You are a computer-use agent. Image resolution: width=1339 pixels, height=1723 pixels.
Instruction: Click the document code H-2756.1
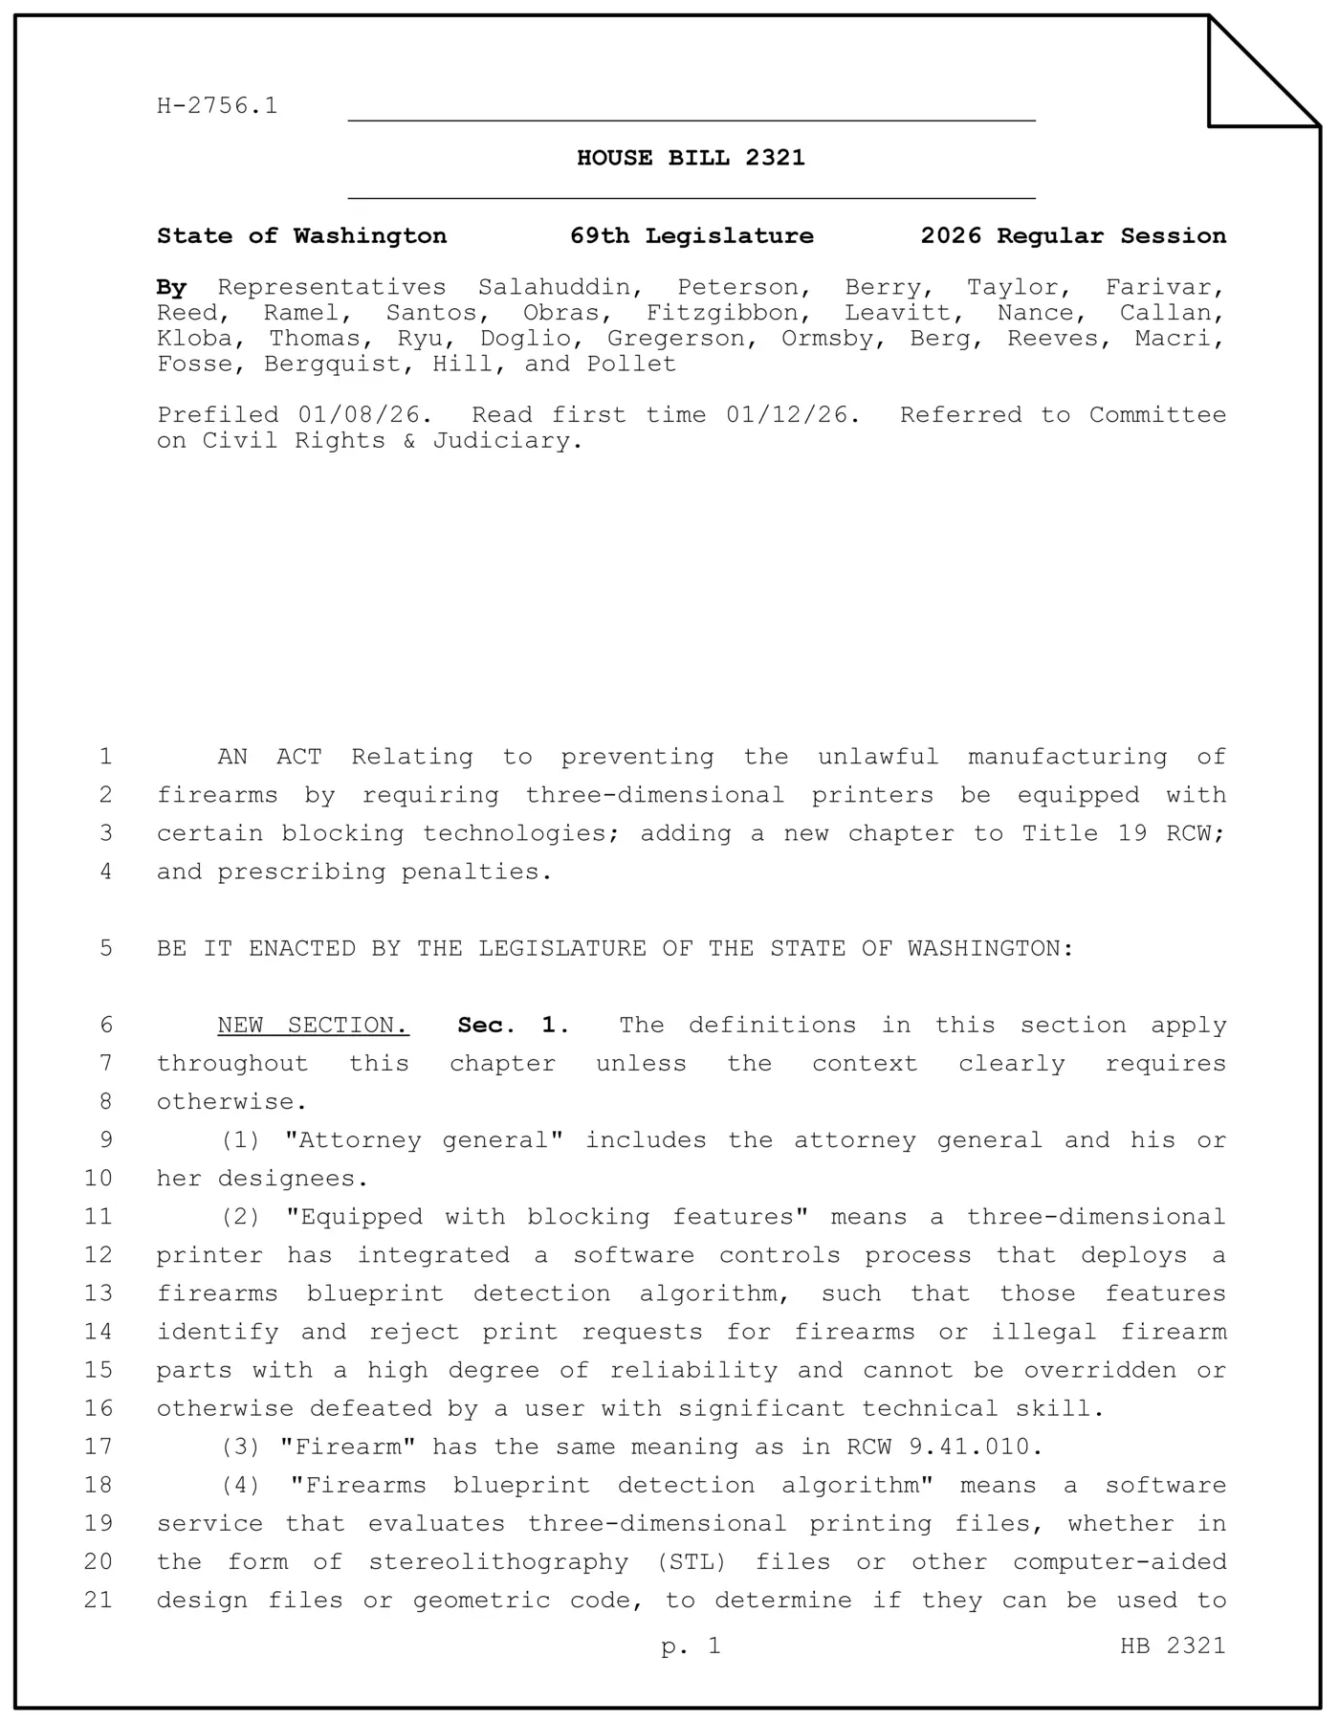click(x=217, y=106)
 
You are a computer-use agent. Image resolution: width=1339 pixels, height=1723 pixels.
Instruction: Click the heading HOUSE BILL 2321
click(x=691, y=158)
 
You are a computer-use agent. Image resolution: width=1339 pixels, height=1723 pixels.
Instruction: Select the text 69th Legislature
click(x=691, y=236)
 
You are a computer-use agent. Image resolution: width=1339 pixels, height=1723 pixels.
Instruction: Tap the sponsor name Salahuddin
click(x=560, y=288)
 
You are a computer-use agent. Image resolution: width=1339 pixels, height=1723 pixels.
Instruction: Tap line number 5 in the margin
click(x=105, y=948)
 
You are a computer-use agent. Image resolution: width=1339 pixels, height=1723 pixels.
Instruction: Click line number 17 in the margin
click(x=99, y=1447)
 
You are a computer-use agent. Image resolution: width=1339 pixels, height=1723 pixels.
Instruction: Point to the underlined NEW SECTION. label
click(x=313, y=1026)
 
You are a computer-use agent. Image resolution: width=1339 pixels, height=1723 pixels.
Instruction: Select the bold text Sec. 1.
click(x=514, y=1026)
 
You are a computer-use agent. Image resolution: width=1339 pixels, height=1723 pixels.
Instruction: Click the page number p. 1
click(x=691, y=1646)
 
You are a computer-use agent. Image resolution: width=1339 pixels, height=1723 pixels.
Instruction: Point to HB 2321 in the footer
click(x=1173, y=1646)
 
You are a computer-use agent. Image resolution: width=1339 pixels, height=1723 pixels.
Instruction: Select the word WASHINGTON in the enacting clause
click(x=990, y=948)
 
